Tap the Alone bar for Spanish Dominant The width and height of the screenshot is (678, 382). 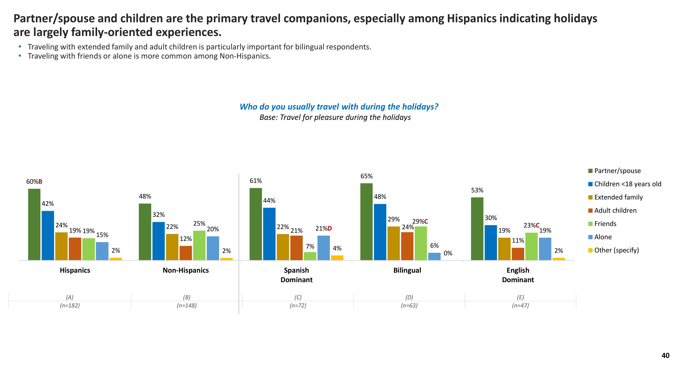[x=323, y=248]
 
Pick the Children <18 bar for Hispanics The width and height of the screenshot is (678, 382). [x=48, y=235]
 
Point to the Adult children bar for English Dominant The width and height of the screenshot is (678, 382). [x=518, y=254]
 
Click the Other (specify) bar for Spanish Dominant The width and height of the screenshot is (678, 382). [x=337, y=258]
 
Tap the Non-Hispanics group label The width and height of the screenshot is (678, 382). [x=186, y=270]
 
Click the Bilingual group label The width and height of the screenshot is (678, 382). [x=407, y=270]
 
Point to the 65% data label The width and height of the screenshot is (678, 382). [x=366, y=176]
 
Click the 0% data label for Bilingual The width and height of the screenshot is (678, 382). [x=448, y=253]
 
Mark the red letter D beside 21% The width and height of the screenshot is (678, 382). [x=330, y=229]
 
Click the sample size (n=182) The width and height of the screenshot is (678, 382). [x=70, y=306]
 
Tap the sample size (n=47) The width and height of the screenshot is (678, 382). [x=520, y=306]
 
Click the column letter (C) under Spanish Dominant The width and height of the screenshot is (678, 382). [x=298, y=297]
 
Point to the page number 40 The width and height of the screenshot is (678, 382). [x=665, y=356]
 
